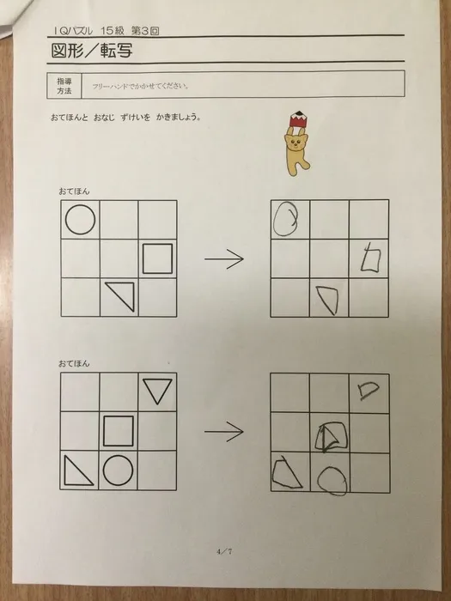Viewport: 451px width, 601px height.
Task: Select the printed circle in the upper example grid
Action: tap(80, 221)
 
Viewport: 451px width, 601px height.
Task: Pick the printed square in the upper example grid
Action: tap(157, 258)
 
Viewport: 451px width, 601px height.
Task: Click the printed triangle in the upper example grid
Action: tap(122, 296)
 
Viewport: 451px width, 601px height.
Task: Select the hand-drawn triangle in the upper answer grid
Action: tap(327, 300)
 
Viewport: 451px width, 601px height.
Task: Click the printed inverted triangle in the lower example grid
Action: tap(157, 392)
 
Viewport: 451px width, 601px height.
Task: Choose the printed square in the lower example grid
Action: tap(119, 431)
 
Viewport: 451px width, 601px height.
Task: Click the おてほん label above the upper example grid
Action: tap(75, 189)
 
